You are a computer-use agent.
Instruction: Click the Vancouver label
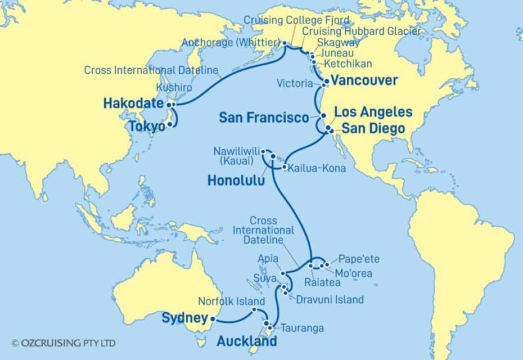(364, 80)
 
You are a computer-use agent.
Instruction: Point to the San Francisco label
(264, 118)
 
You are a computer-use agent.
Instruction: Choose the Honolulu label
(236, 180)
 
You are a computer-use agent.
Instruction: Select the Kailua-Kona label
(314, 168)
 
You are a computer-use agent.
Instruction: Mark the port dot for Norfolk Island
(255, 309)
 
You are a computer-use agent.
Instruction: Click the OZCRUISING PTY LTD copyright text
(63, 343)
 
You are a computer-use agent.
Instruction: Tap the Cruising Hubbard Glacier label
(360, 31)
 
